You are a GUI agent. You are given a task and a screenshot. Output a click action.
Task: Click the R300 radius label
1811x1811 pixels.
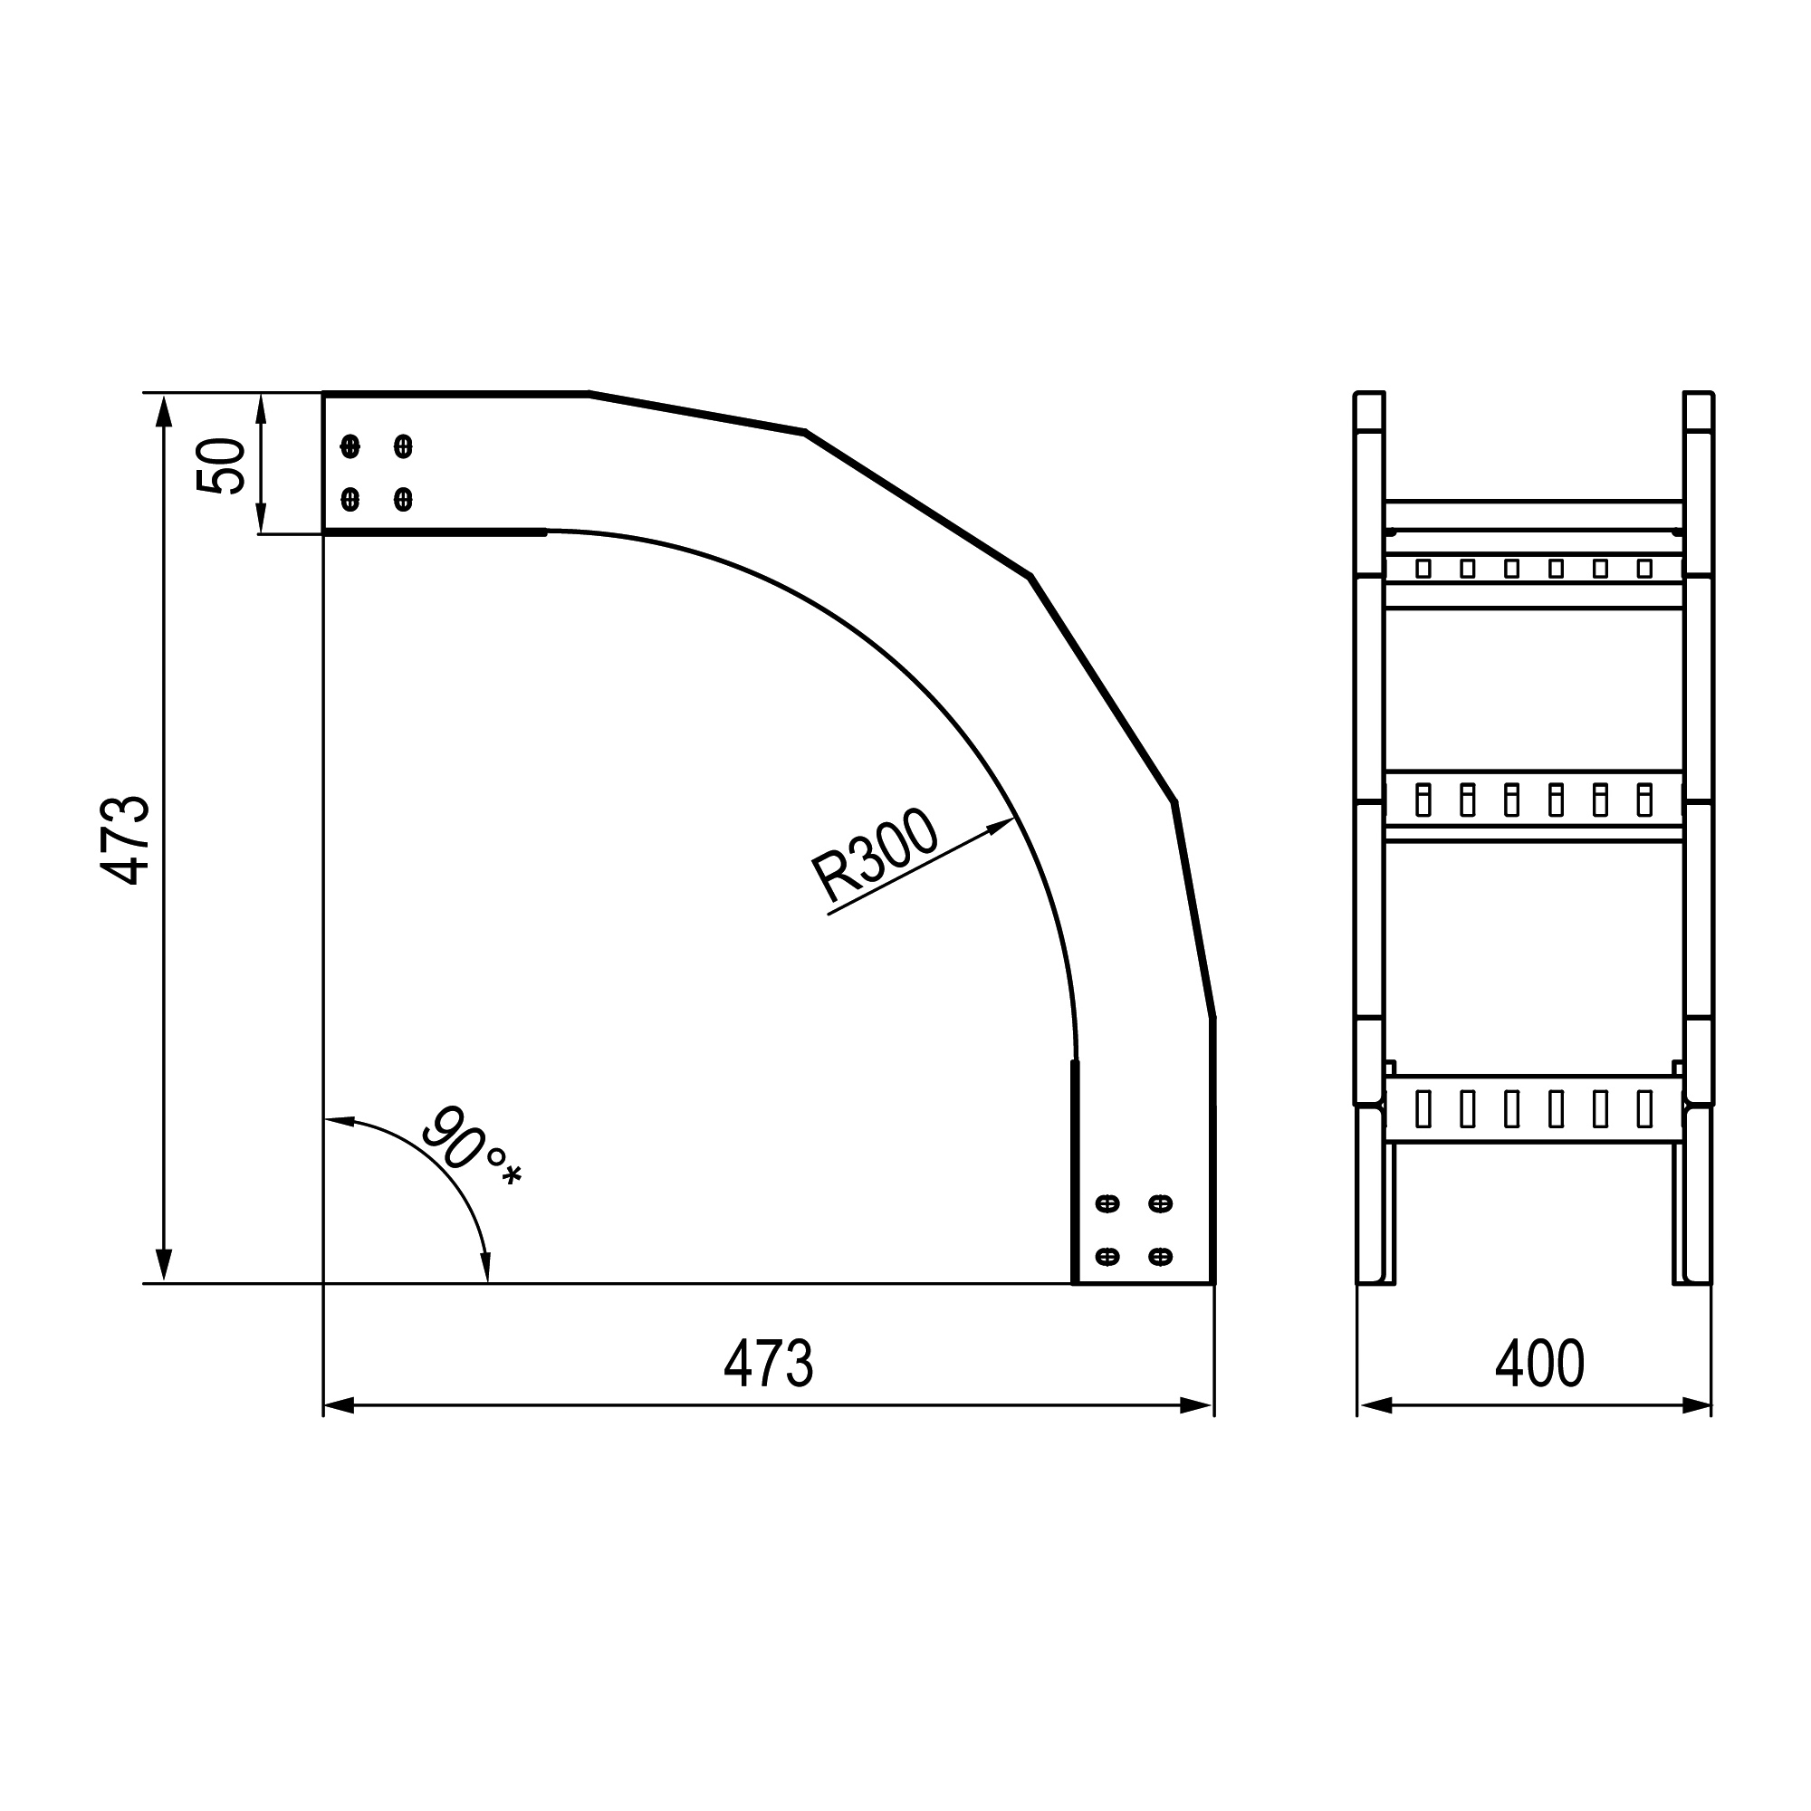(x=875, y=856)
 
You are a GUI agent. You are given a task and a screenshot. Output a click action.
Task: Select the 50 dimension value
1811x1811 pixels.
(x=221, y=465)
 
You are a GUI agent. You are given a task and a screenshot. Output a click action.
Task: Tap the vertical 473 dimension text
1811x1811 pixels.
(x=126, y=840)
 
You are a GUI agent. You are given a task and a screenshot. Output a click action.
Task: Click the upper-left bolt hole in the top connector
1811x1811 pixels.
(x=350, y=446)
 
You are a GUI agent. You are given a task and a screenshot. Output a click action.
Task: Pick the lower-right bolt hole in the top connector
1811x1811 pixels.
(x=403, y=499)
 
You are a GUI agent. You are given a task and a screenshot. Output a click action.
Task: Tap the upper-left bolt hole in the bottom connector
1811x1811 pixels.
(x=1107, y=1203)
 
